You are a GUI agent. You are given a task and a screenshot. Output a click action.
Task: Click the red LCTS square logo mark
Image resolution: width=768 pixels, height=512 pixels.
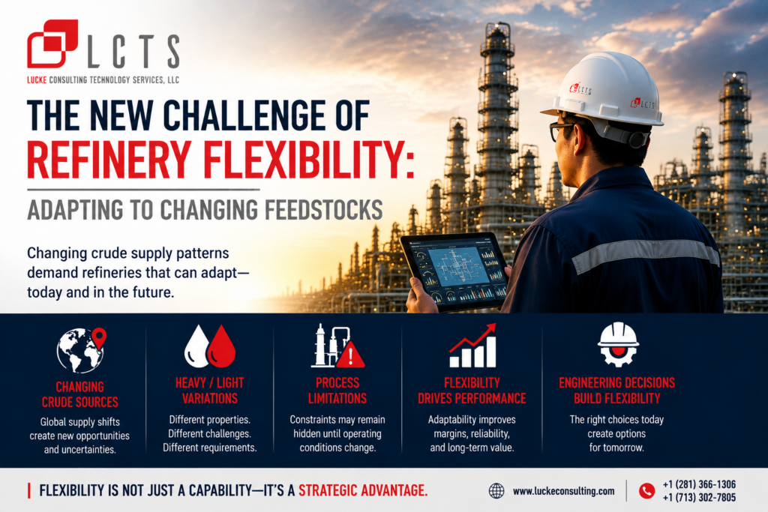[52, 43]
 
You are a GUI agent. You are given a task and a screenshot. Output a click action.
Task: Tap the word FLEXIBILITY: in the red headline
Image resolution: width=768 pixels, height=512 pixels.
[308, 159]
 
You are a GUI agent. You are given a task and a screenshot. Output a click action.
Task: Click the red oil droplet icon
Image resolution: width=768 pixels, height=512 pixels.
[222, 346]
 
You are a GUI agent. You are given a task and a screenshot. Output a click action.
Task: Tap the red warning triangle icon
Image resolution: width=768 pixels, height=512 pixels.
[350, 355]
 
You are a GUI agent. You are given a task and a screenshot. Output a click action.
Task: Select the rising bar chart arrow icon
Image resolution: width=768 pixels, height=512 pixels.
[473, 346]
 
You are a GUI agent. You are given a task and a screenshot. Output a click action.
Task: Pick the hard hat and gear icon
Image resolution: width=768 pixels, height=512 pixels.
[618, 345]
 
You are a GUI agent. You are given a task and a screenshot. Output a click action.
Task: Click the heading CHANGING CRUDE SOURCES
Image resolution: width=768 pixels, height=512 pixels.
[79, 394]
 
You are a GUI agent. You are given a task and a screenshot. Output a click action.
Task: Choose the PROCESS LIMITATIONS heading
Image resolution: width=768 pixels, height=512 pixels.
[337, 391]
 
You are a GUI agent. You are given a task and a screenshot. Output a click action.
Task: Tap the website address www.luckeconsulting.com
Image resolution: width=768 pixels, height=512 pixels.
[564, 491]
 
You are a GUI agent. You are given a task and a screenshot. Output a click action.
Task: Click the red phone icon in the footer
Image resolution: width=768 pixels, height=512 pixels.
[647, 491]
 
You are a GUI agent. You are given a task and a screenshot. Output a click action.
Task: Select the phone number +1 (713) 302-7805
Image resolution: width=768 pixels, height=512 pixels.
[699, 498]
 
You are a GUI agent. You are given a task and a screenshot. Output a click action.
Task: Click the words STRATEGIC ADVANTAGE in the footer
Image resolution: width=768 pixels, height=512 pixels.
[363, 490]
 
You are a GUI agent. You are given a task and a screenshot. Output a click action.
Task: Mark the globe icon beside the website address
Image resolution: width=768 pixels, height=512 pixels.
[496, 491]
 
